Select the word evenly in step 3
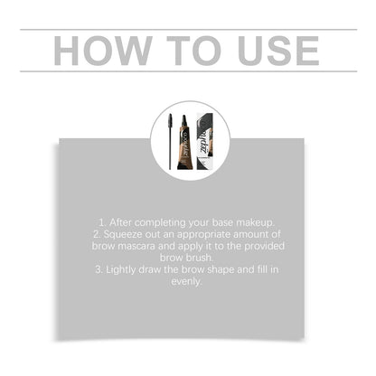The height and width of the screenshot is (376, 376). click(x=187, y=281)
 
